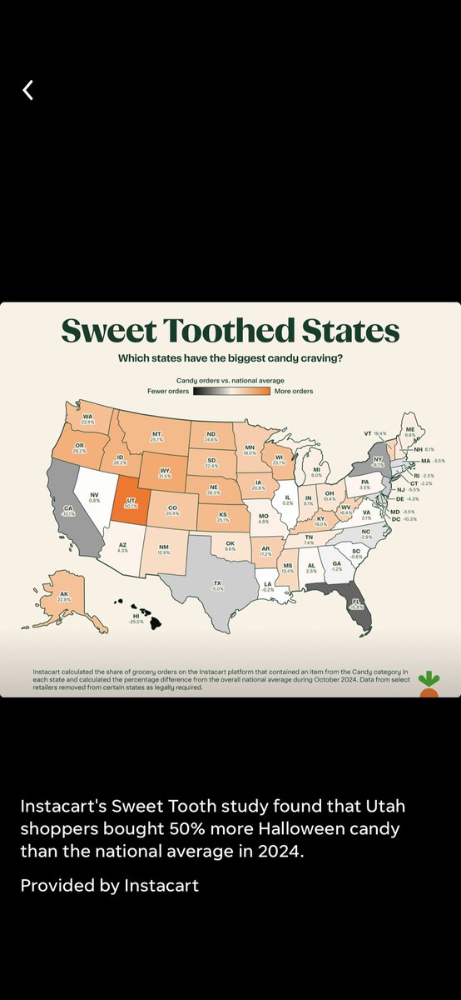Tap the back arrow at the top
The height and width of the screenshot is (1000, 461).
(x=27, y=90)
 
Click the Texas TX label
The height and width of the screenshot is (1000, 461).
(x=218, y=585)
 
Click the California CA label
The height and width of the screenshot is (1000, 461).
(x=68, y=511)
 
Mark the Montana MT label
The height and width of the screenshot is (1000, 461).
(x=156, y=435)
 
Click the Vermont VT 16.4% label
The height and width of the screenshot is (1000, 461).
(x=375, y=433)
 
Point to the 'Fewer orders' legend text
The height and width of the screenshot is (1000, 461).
(x=168, y=391)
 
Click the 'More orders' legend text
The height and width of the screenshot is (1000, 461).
(x=294, y=391)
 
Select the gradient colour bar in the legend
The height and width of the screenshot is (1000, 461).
(x=231, y=391)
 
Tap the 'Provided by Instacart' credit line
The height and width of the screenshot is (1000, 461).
(x=110, y=885)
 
